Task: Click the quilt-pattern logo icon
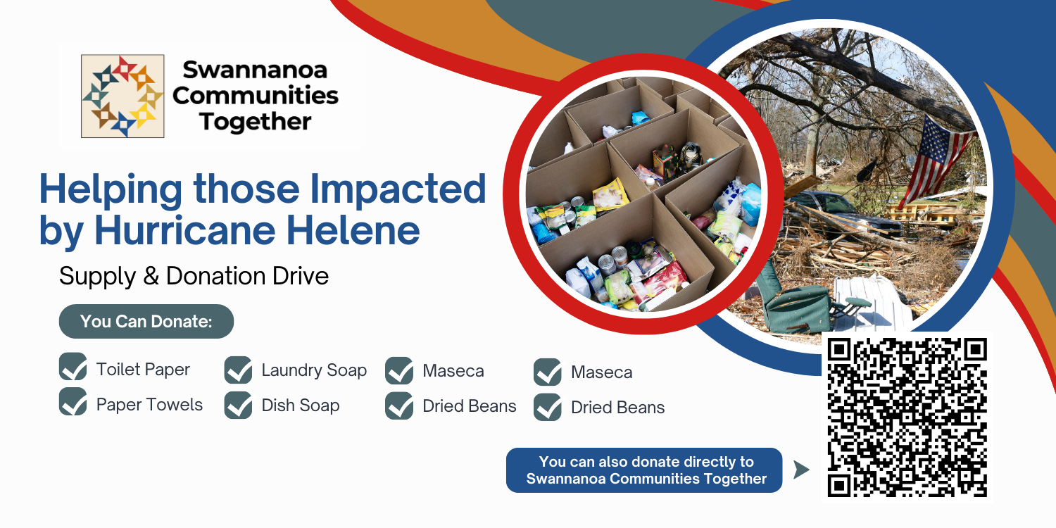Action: click(x=122, y=96)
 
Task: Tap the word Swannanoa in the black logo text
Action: click(x=255, y=70)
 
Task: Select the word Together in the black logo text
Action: click(x=255, y=122)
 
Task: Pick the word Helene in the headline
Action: click(x=353, y=230)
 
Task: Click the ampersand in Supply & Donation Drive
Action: click(x=151, y=276)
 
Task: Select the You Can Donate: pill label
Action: click(x=146, y=322)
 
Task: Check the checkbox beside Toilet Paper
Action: click(x=73, y=367)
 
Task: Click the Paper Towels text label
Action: click(x=149, y=405)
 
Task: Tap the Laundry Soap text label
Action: click(x=314, y=370)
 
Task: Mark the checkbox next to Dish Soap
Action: click(x=238, y=406)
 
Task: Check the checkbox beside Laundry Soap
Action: click(x=238, y=370)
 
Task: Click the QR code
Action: click(x=907, y=417)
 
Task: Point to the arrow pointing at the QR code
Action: click(x=801, y=470)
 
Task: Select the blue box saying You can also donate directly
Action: click(x=644, y=470)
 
